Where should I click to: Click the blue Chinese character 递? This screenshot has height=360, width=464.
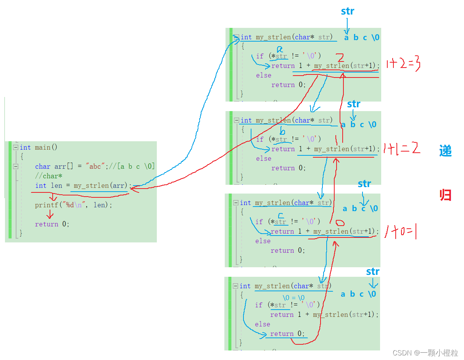coord(445,151)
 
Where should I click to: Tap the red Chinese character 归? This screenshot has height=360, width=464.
coord(445,195)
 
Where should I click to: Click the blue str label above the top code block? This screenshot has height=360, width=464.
coord(347,11)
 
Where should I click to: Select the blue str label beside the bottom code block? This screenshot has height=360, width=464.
coord(372,271)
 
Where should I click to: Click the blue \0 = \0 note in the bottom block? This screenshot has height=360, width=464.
coord(293,297)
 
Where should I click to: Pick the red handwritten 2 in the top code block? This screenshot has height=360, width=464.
coord(340,58)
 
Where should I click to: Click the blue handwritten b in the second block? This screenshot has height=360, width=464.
coord(282,130)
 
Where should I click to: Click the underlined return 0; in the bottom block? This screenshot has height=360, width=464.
coord(288,334)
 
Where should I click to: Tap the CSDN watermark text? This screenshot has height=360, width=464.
coord(425,353)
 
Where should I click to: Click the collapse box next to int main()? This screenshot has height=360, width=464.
coord(15,147)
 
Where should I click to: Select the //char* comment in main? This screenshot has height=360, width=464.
coord(48,176)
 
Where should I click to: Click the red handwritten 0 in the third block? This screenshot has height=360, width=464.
coord(340,223)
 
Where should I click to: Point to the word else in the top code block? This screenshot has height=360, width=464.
coord(263,75)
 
